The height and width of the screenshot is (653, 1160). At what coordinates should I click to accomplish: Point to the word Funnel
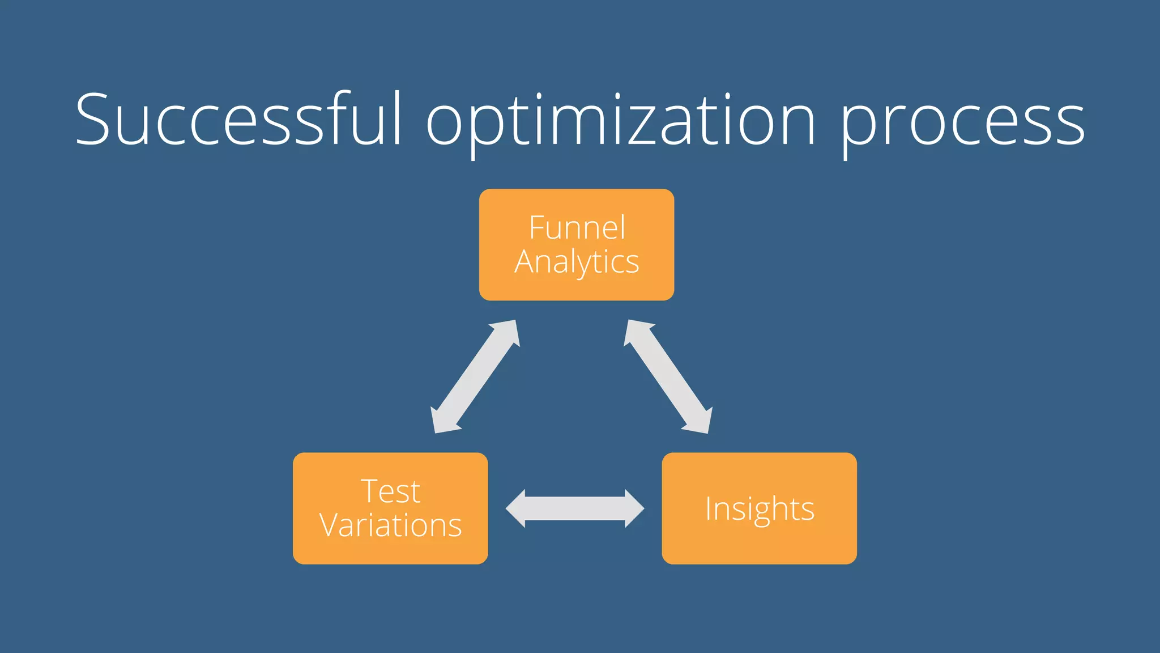click(x=577, y=228)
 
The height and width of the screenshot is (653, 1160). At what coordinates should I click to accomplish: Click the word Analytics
click(x=577, y=262)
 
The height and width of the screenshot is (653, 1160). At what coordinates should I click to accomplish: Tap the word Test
click(x=390, y=491)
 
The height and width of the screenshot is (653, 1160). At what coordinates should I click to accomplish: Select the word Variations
click(x=390, y=525)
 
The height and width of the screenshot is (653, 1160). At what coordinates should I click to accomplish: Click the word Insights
click(x=760, y=508)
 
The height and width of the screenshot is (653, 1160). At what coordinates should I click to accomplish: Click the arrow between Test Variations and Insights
click(x=575, y=508)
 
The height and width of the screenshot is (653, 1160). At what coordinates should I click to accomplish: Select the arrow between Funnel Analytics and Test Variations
click(x=475, y=377)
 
